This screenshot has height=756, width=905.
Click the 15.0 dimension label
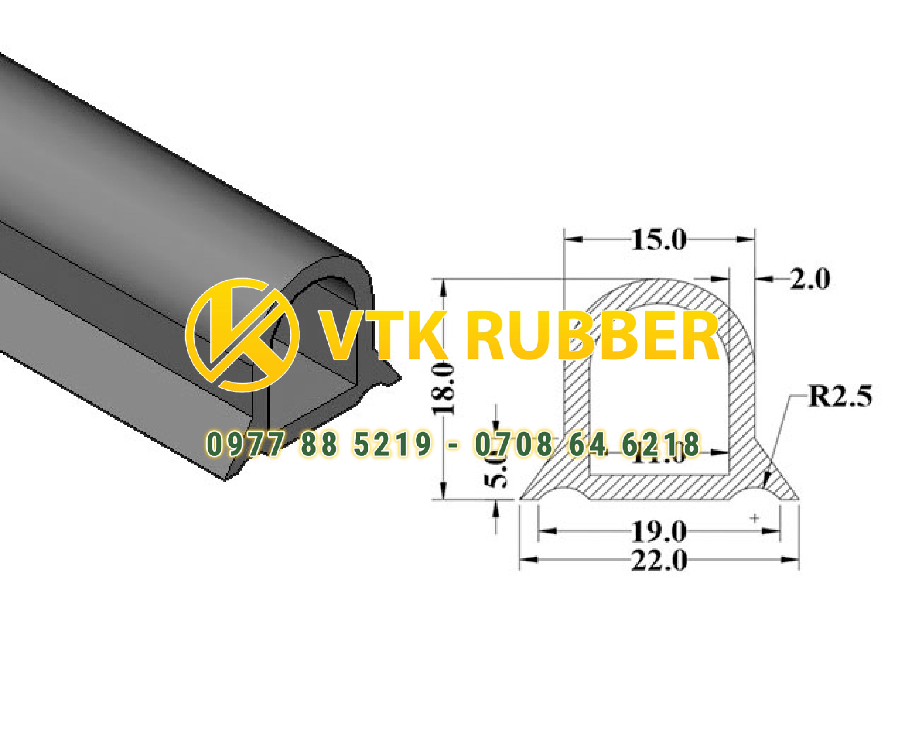point(658,240)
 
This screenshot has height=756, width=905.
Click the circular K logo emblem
point(243,335)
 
